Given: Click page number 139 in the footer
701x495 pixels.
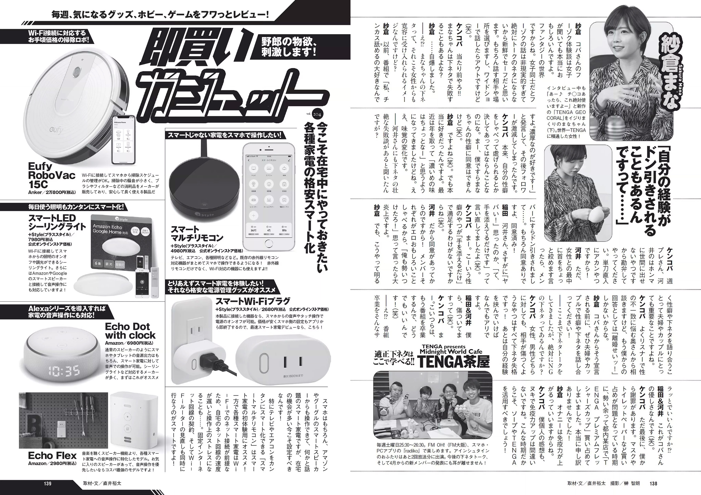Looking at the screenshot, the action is click(48, 483).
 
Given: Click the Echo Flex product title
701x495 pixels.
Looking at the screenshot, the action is click(52, 456).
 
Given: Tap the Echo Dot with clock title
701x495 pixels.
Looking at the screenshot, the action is click(130, 331).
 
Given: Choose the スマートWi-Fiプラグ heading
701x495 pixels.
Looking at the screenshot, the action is click(253, 301).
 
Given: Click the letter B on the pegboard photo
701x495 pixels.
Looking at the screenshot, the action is click(32, 423).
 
